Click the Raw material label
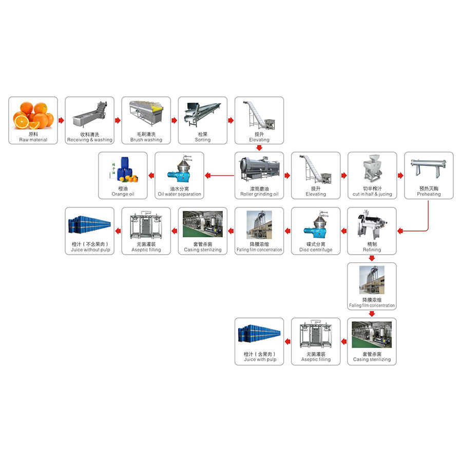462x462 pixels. pyautogui.click(x=33, y=140)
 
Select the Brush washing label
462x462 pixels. pyautogui.click(x=146, y=140)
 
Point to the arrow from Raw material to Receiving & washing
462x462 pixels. pyautogui.click(x=61, y=121)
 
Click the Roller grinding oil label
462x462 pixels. pyautogui.click(x=259, y=195)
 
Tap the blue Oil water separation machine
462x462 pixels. pyautogui.click(x=179, y=170)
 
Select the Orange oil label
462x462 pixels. pyautogui.click(x=123, y=195)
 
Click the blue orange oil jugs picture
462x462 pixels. pyautogui.click(x=123, y=170)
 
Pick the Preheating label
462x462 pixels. pyautogui.click(x=429, y=195)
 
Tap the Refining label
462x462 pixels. pyautogui.click(x=372, y=250)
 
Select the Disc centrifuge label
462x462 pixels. pyautogui.click(x=316, y=250)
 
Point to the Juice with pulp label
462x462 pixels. pyautogui.click(x=260, y=359)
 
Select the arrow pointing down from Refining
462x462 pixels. pyautogui.click(x=372, y=258)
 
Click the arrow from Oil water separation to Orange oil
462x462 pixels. pyautogui.click(x=151, y=176)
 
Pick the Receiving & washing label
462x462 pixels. pyautogui.click(x=90, y=140)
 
